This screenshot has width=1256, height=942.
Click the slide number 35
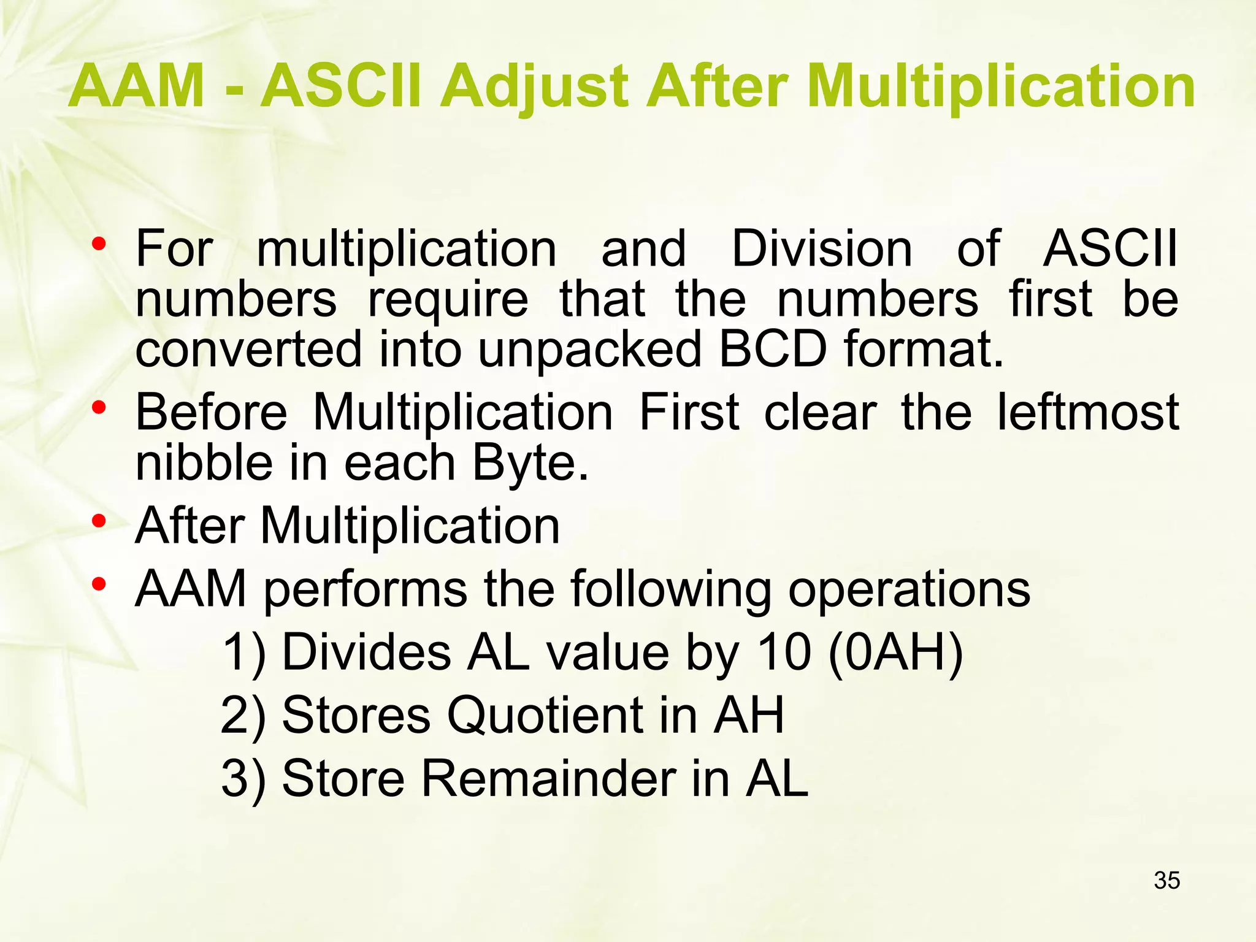(1166, 880)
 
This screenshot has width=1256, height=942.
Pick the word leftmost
(1087, 412)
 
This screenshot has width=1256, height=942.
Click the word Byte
(530, 464)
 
